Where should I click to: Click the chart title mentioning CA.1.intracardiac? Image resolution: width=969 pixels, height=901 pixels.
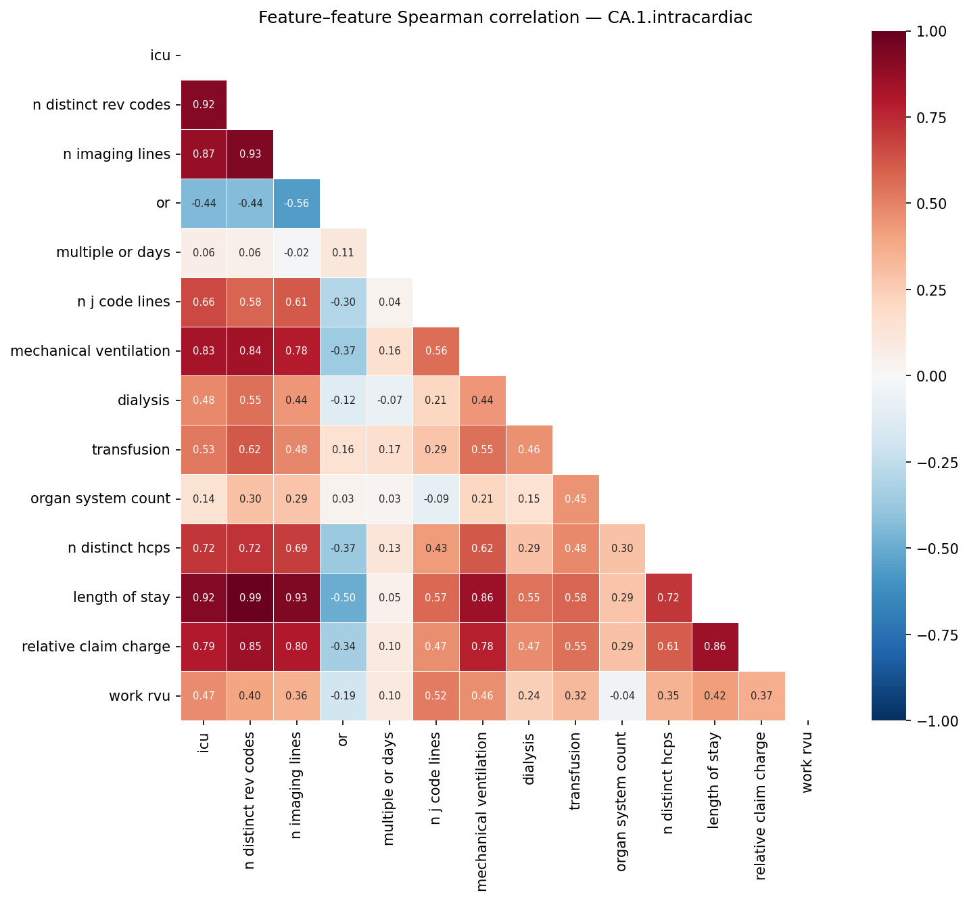(x=505, y=18)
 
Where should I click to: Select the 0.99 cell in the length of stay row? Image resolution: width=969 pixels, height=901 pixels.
(x=250, y=598)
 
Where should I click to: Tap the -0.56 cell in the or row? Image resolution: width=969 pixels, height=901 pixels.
(x=297, y=204)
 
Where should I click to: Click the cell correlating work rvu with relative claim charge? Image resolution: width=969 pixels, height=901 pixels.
(x=762, y=696)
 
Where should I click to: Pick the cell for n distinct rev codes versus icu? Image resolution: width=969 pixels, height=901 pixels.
(x=204, y=105)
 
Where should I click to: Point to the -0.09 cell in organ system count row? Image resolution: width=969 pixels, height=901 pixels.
(x=436, y=499)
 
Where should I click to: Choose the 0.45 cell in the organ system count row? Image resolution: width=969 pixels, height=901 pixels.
(x=576, y=499)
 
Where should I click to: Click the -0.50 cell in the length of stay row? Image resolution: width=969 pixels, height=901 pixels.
(x=344, y=598)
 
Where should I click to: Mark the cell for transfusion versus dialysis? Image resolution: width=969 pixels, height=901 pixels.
(x=529, y=450)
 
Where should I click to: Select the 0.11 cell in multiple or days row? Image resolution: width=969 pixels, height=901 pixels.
(x=344, y=253)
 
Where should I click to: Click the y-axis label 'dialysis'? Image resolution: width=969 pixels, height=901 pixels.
(x=143, y=400)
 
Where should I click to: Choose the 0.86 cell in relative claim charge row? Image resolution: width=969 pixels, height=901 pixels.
(x=715, y=647)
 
